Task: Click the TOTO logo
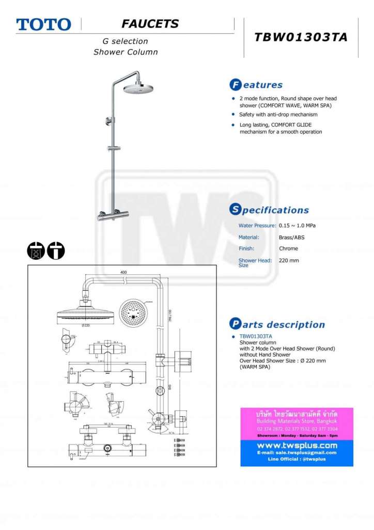(43, 24)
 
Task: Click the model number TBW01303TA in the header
(301, 37)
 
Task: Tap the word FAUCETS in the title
(150, 24)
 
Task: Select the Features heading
(256, 85)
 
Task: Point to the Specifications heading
(269, 210)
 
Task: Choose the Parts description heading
(277, 325)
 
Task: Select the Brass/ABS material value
(291, 237)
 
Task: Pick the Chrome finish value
(288, 248)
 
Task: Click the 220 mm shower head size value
(289, 260)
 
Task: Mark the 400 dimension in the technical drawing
(123, 272)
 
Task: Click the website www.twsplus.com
(297, 445)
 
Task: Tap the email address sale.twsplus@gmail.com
(297, 452)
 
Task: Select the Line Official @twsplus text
(297, 459)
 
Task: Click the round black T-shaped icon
(56, 251)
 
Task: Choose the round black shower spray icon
(36, 251)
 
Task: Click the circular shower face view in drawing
(133, 314)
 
